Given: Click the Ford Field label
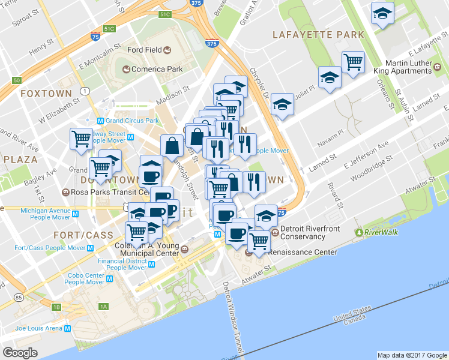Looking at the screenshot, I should point(145,50).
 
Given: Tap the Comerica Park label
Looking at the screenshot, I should point(157,69).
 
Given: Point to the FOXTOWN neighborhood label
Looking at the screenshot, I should point(46,94).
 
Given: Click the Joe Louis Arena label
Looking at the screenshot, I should point(38,328).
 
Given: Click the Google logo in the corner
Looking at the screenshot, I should point(20,352).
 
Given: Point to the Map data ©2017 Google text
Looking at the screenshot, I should point(411,355).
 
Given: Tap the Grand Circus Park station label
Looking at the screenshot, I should point(132,121).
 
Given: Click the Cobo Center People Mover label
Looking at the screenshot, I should point(84,278).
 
